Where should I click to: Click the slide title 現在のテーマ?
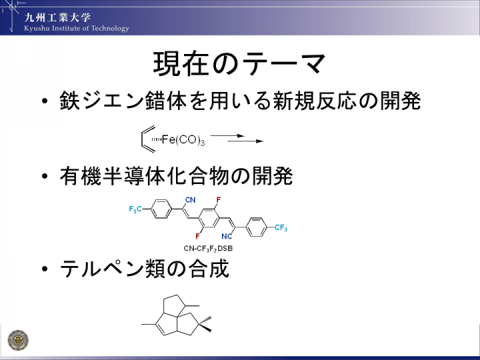click(x=239, y=63)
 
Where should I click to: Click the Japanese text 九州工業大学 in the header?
click(x=57, y=17)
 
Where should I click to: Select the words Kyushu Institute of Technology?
click(x=77, y=29)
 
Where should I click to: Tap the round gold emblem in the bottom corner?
click(x=18, y=340)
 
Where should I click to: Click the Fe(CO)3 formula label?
click(x=183, y=140)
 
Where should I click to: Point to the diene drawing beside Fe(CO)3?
click(x=148, y=139)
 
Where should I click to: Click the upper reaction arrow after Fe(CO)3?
click(x=228, y=135)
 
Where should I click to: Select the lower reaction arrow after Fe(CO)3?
click(x=245, y=141)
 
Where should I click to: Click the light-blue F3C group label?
click(x=135, y=209)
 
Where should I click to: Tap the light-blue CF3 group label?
click(x=281, y=227)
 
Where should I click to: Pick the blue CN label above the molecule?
click(x=190, y=200)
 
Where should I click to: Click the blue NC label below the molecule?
click(x=227, y=236)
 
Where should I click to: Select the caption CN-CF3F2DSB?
click(x=208, y=249)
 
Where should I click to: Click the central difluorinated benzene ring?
click(x=209, y=218)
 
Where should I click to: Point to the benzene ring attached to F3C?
click(x=162, y=209)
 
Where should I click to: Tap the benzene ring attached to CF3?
click(x=257, y=227)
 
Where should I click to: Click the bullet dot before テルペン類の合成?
click(x=45, y=269)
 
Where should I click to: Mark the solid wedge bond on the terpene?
click(x=205, y=327)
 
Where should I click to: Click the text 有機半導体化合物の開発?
click(x=176, y=176)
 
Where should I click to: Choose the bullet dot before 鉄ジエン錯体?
click(x=45, y=101)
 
